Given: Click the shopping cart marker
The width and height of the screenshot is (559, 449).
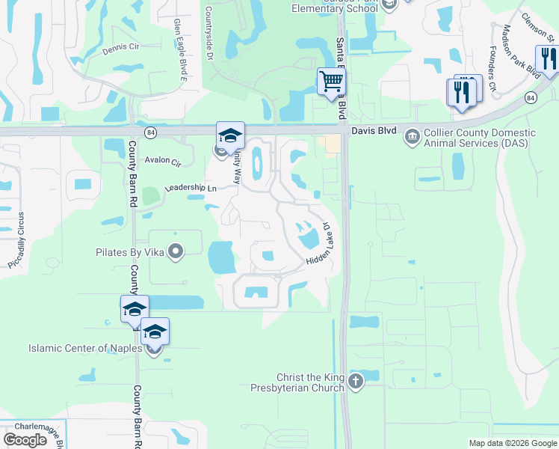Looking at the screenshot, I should tap(331, 80).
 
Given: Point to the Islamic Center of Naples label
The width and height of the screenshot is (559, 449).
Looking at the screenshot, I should tap(84, 349).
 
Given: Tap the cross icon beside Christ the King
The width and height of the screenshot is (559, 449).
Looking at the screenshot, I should tap(356, 382).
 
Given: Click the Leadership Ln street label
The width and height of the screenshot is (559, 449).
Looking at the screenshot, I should tap(191, 188).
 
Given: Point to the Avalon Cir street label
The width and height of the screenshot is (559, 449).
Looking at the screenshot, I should tap(163, 162).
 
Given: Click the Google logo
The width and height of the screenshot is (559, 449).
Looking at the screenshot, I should tap(25, 440).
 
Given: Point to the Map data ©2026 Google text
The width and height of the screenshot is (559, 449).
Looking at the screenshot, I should tap(512, 443).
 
